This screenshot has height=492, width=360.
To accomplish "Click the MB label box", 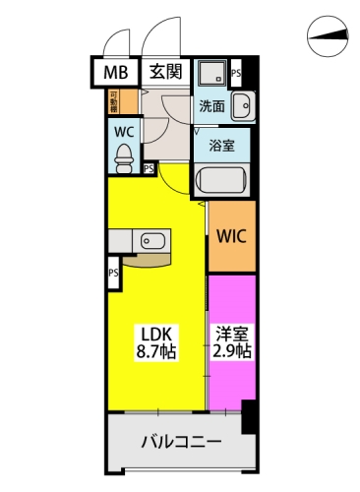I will click(x=115, y=72).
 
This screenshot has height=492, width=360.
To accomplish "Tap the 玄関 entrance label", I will click(x=164, y=72).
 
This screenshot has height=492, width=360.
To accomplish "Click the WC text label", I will click(x=124, y=130).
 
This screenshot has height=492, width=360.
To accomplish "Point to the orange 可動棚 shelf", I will click(x=114, y=101).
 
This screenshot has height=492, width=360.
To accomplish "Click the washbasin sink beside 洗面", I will click(x=245, y=104).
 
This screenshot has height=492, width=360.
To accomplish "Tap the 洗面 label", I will click(x=211, y=105).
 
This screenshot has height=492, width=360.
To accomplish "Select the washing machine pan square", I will click(x=210, y=75).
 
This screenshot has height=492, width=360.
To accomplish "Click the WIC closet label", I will click(x=232, y=236).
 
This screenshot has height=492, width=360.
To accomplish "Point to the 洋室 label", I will click(x=231, y=334).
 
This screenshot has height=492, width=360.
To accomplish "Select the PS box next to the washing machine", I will click(x=235, y=72).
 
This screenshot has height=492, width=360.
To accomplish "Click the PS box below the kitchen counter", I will click(x=114, y=275).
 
